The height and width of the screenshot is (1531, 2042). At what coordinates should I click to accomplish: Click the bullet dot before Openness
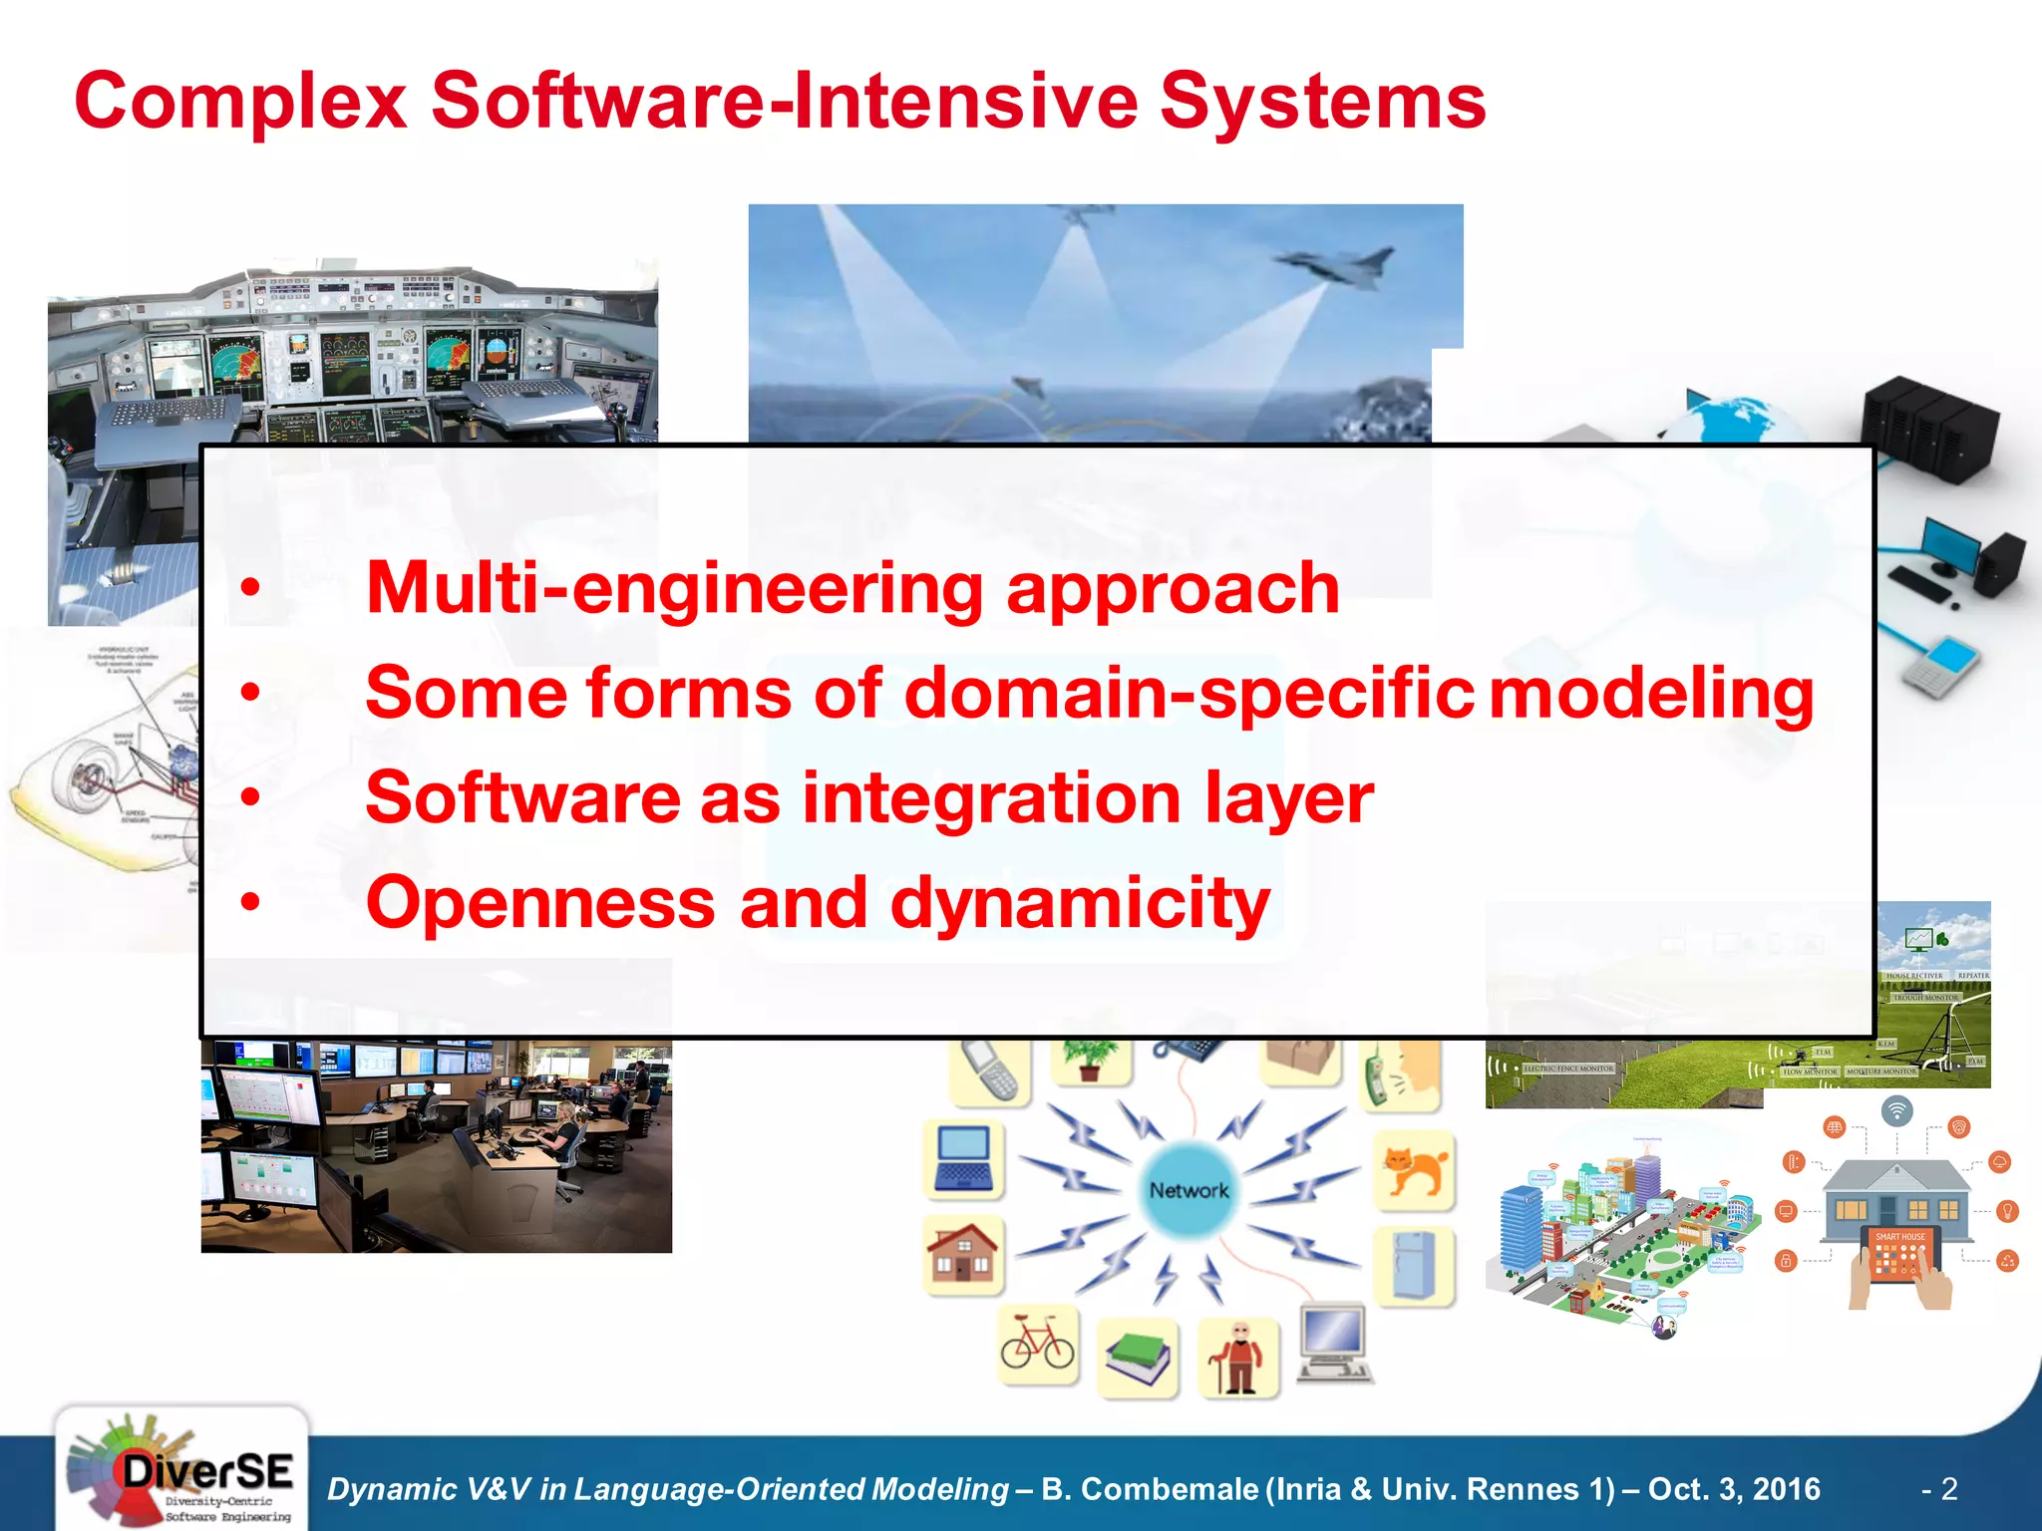250,903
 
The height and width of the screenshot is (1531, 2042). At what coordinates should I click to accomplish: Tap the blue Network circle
1189,1190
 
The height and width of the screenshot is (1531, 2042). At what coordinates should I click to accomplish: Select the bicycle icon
1038,1345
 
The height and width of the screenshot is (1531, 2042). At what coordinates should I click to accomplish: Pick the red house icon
962,1253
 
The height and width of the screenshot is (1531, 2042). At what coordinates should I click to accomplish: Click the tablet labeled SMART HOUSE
1900,1255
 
